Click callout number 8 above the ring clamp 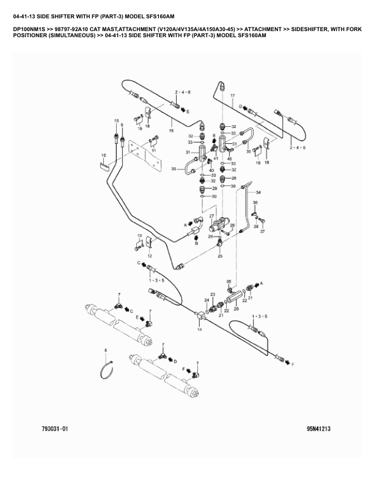coord(106,350)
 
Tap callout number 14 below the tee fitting coord(199,329)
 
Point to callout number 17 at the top coord(232,96)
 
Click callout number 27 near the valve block coord(211,216)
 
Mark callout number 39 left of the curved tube coord(174,168)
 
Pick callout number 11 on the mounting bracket coord(154,151)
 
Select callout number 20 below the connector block coord(236,309)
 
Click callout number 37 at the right coord(263,232)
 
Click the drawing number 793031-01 coord(51,429)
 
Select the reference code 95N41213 coord(318,429)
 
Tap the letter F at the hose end coord(292,364)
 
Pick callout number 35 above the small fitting coord(229,282)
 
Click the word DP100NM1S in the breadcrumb coord(28,29)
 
